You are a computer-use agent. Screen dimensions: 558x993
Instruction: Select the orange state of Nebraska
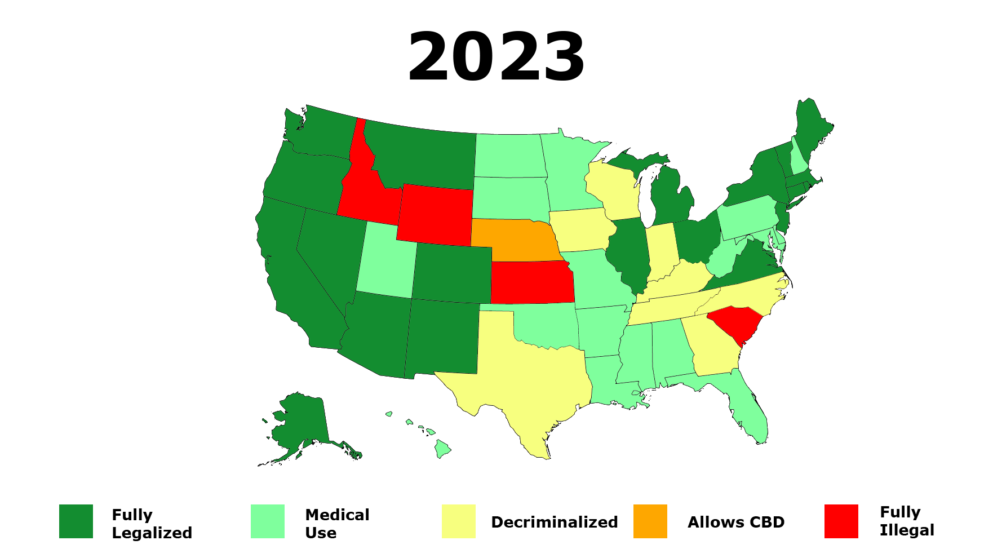tap(516, 240)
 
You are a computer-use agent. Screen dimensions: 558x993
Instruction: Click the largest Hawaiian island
tap(442, 449)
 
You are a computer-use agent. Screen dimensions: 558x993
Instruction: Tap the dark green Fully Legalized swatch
tap(76, 521)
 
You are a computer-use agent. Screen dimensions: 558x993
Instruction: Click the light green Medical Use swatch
tap(268, 521)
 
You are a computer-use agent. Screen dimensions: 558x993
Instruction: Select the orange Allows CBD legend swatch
tap(650, 521)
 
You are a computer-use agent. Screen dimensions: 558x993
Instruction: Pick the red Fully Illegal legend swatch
tap(841, 521)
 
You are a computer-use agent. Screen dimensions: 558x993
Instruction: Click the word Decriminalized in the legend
tap(554, 522)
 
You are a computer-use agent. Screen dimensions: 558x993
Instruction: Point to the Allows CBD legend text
tap(735, 522)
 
